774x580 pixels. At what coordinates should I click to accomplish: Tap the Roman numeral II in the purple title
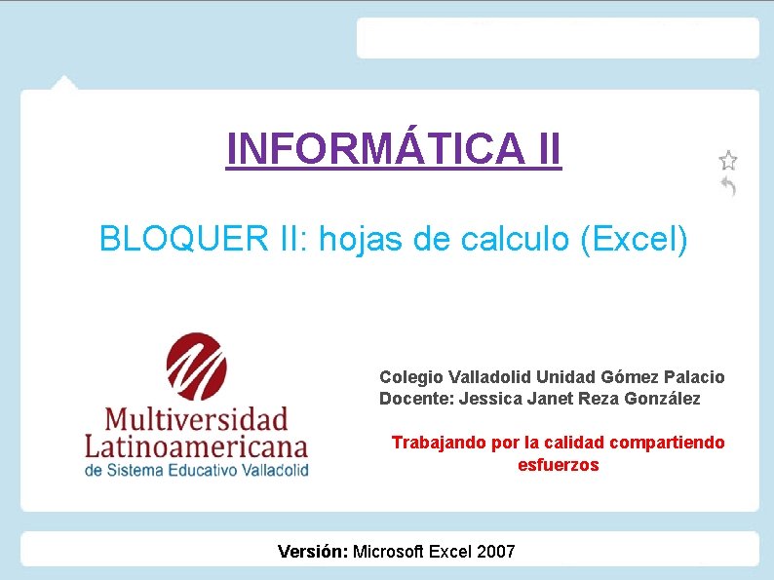coord(547,149)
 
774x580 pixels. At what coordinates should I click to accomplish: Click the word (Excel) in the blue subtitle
coord(634,238)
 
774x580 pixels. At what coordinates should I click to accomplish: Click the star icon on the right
coord(727,159)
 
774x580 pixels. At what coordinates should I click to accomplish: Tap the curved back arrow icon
coord(727,186)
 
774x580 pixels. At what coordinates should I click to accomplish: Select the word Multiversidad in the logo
coord(196,421)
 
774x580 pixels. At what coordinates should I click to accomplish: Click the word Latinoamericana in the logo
coord(196,447)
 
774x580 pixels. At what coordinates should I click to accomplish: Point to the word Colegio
coord(410,376)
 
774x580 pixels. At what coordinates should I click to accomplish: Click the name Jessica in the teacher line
coord(490,399)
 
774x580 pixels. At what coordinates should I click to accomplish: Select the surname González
coord(663,399)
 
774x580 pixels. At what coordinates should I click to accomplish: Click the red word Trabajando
coord(439,443)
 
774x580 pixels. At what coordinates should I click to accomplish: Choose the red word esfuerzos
coord(558,465)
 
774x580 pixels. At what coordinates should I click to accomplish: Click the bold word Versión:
coord(312,552)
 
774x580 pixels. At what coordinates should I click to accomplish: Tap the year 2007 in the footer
coord(496,552)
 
